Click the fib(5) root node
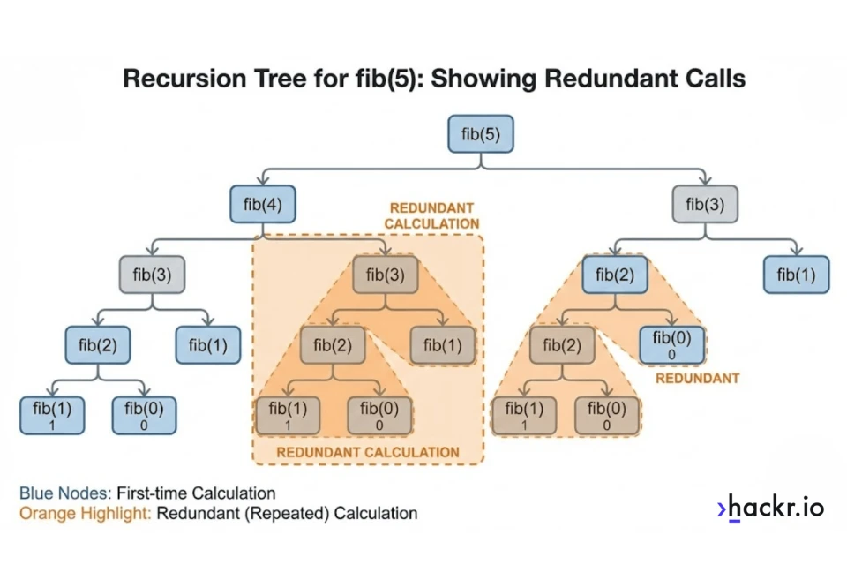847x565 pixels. tap(481, 134)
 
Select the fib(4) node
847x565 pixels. tap(262, 205)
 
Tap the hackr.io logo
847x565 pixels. tap(770, 508)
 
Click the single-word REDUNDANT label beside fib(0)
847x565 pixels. tap(697, 378)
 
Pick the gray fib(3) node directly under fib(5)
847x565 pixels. tap(704, 205)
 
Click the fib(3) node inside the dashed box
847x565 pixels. tap(386, 275)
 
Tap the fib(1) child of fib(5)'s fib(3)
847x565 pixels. tap(796, 275)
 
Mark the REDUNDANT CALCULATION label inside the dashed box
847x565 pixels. tap(368, 452)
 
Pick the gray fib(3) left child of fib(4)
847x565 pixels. tap(152, 275)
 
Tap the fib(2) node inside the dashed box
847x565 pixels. tap(333, 344)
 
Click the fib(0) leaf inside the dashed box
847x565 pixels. tap(379, 415)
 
